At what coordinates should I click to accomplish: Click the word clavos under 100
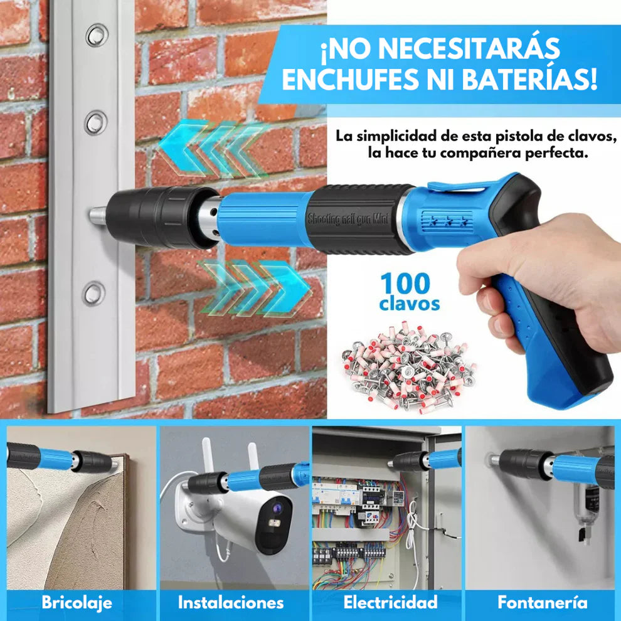click(x=409, y=304)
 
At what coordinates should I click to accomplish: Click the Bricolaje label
click(x=77, y=603)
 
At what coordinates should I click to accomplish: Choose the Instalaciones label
click(x=231, y=603)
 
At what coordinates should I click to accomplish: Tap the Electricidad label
click(x=390, y=603)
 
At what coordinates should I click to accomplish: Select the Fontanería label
click(x=543, y=603)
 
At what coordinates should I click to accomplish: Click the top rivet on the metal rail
click(x=97, y=35)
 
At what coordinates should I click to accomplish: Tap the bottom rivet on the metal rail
click(x=94, y=293)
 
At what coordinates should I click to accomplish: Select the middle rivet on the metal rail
click(x=95, y=122)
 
